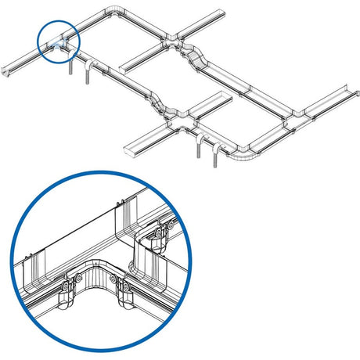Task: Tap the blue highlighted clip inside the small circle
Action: [57, 46]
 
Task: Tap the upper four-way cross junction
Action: [173, 39]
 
